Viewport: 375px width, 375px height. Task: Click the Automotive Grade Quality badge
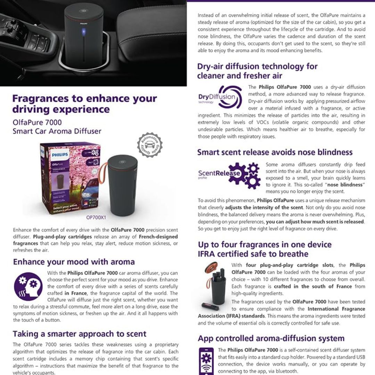150,145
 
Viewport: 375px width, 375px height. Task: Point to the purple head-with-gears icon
28,286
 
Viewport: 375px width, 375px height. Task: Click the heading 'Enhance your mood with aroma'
74,261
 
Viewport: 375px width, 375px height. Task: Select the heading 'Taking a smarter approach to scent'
80,334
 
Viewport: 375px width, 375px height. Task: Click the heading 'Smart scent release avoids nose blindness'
275,152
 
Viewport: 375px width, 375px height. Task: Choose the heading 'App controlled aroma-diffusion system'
271,338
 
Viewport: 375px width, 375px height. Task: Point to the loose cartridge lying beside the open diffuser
210,306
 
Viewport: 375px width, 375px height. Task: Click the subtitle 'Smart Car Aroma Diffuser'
57,131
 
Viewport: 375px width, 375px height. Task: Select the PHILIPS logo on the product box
60,155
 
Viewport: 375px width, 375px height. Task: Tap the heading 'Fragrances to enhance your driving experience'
84,103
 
